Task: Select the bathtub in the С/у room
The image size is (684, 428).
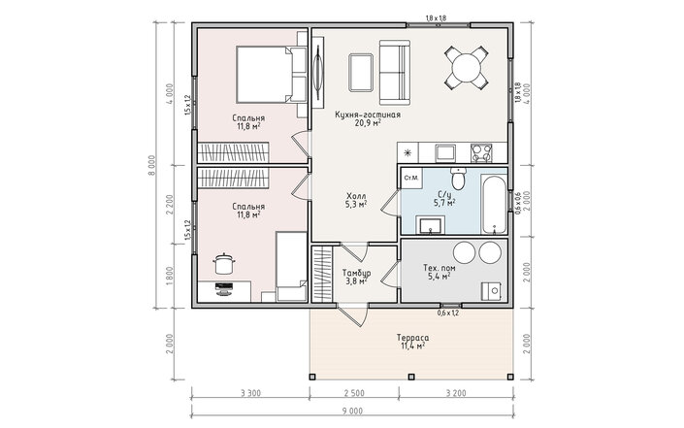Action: [495, 203]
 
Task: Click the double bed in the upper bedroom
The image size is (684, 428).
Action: [272, 75]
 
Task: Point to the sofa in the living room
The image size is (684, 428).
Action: [395, 73]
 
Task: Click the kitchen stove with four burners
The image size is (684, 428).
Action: [481, 153]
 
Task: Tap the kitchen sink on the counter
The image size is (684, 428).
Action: [445, 153]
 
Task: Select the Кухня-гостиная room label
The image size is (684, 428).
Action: [368, 118]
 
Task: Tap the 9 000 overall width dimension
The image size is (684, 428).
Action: [352, 411]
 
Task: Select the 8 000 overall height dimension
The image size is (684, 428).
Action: [151, 166]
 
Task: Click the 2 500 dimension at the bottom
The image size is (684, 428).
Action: [354, 393]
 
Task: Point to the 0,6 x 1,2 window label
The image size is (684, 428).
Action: [448, 313]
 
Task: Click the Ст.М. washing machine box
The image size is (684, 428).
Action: [411, 178]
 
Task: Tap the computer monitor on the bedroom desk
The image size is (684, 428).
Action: [224, 289]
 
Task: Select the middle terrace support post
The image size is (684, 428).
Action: [411, 377]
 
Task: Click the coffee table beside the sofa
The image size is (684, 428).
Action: [361, 73]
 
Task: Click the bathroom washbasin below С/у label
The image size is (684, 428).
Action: [431, 225]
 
